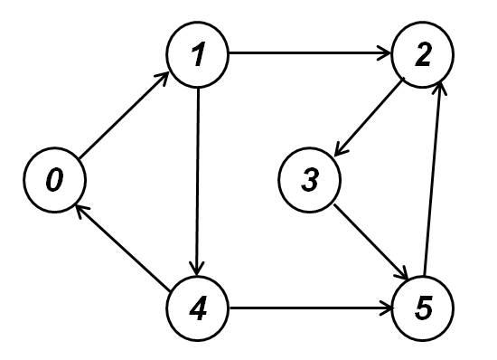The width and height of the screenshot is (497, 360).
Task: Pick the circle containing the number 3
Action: pos(310,181)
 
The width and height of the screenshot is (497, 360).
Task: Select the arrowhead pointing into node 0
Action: pos(79,209)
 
